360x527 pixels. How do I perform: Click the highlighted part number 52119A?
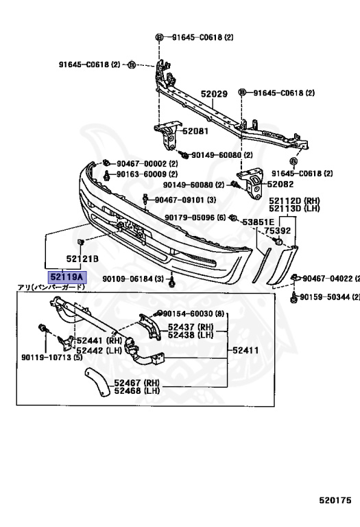click(67, 277)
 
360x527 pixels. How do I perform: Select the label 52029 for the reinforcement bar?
click(214, 94)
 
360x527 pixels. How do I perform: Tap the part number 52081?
click(195, 131)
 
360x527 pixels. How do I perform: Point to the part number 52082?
click(280, 184)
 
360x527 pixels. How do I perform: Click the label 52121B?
click(82, 259)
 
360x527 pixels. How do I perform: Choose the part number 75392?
click(278, 231)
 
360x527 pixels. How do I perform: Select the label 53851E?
click(259, 222)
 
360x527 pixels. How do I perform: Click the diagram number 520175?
click(335, 500)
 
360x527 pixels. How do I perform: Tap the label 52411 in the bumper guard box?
click(245, 351)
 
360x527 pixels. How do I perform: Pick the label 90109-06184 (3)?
click(133, 279)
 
